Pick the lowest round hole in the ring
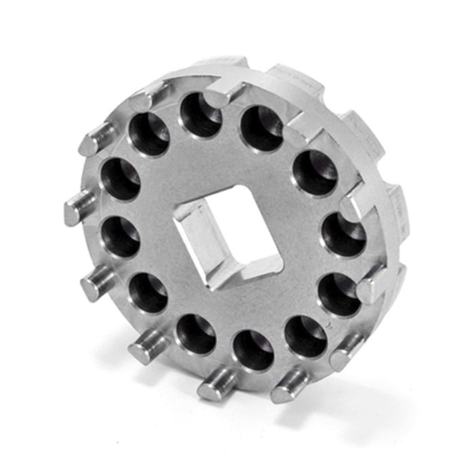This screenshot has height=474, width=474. coord(253,351)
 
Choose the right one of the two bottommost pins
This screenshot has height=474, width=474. coord(288,388)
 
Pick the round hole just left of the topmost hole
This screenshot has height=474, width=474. coord(150,133)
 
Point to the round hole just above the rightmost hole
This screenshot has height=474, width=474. coord(316,173)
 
